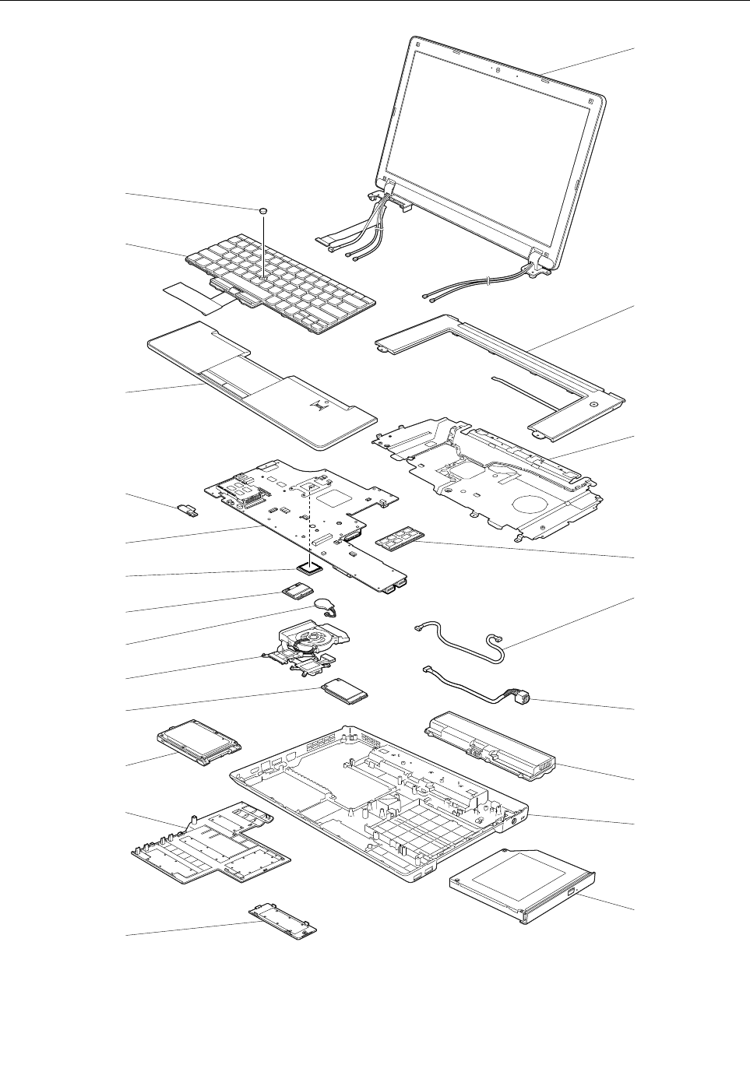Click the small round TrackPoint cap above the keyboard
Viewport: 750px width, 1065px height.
tap(264, 210)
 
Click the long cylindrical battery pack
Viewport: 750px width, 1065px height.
tap(490, 747)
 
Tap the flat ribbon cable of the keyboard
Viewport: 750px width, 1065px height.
tap(187, 295)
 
